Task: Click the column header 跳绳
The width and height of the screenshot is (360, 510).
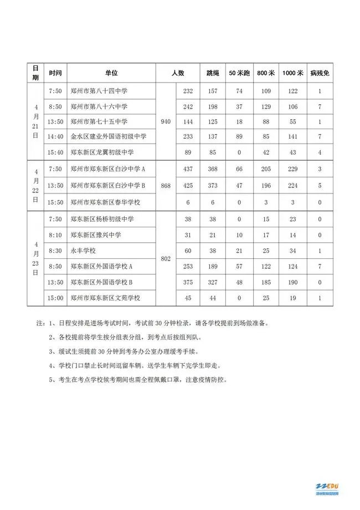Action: click(213, 73)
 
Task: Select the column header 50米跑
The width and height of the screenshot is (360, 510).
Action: click(240, 73)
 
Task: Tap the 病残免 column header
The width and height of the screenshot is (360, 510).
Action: click(320, 73)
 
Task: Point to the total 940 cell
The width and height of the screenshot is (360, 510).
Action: click(166, 121)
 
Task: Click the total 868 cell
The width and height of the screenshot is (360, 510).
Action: click(166, 185)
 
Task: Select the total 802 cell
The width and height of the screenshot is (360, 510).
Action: click(166, 258)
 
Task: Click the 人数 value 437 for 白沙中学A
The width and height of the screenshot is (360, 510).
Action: click(188, 169)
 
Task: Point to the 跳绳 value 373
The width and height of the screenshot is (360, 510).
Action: click(213, 185)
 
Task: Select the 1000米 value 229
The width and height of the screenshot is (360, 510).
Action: click(293, 169)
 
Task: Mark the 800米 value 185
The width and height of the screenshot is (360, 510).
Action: click(266, 282)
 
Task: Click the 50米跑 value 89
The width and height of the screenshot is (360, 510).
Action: click(240, 136)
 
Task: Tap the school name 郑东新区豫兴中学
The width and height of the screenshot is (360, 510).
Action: click(96, 235)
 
